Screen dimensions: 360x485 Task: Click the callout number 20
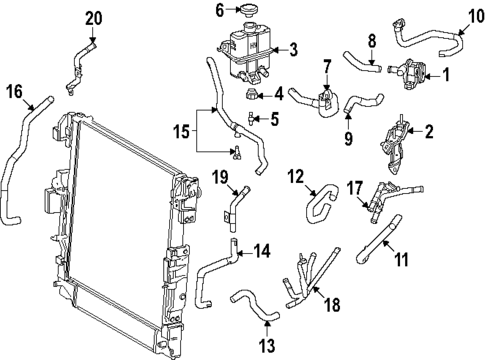pos(93,18)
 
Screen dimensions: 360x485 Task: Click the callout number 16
pos(14,92)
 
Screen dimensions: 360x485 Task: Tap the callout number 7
pos(325,66)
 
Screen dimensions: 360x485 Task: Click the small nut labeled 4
pos(250,96)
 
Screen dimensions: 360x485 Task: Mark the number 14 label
pos(261,252)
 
